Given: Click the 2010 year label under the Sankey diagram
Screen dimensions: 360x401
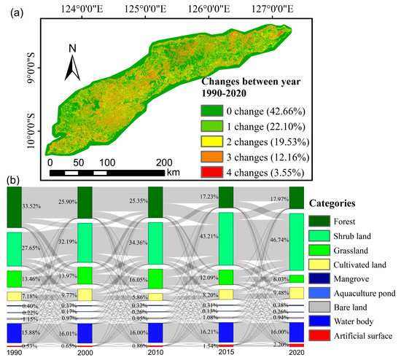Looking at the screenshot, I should [155, 353].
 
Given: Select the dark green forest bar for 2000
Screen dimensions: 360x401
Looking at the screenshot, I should [85, 201].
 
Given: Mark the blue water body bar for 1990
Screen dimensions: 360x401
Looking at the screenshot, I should [15, 332].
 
